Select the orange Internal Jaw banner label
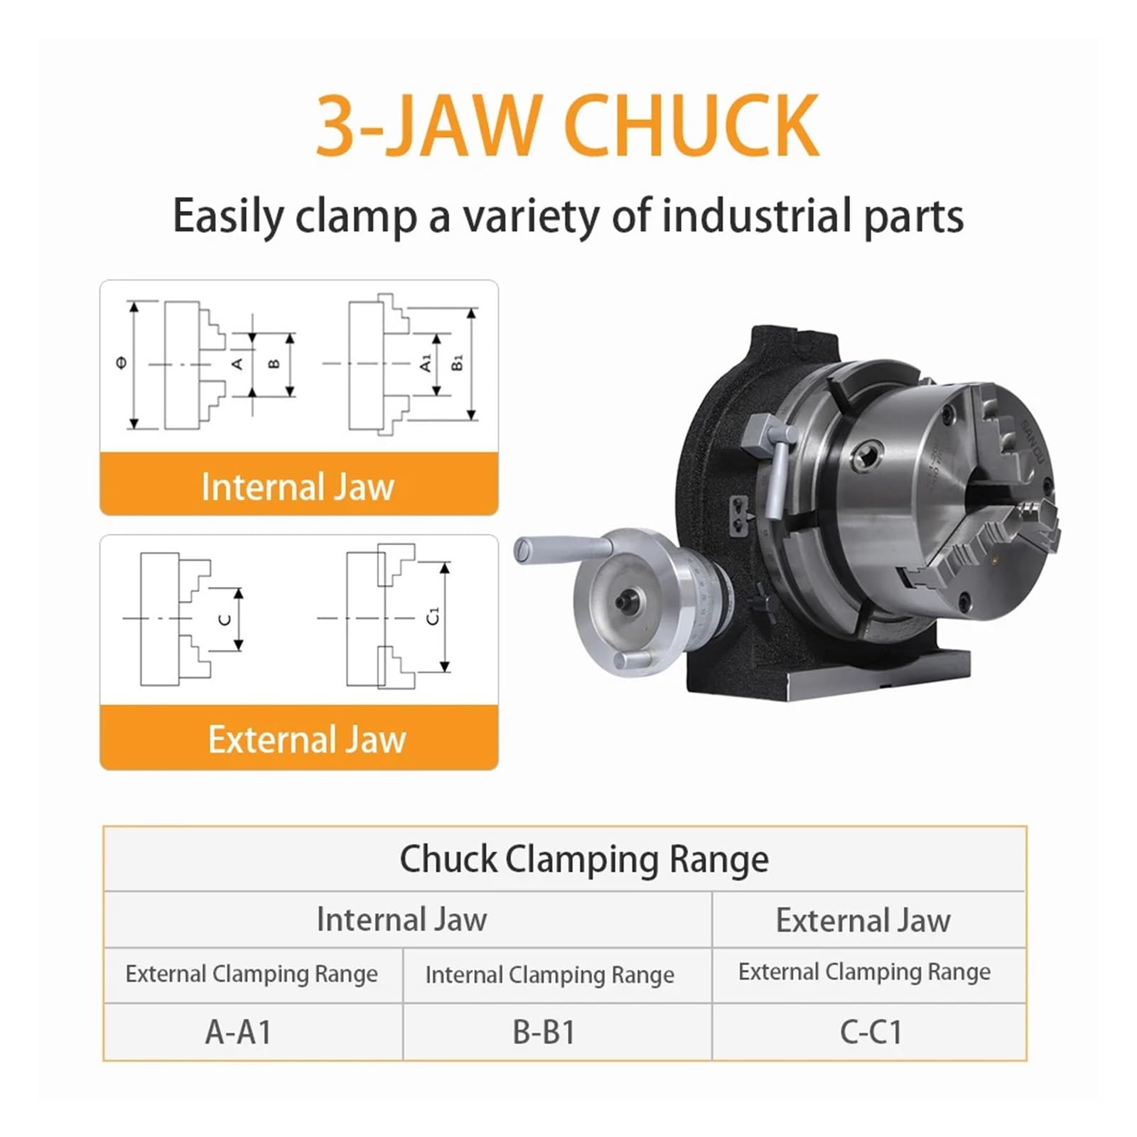point(298,487)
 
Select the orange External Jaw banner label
point(307,740)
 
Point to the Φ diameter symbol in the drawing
point(122,363)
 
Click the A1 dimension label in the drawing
point(426,363)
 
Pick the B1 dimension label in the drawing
point(458,362)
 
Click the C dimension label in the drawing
point(225,620)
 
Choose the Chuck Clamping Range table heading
point(584,859)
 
